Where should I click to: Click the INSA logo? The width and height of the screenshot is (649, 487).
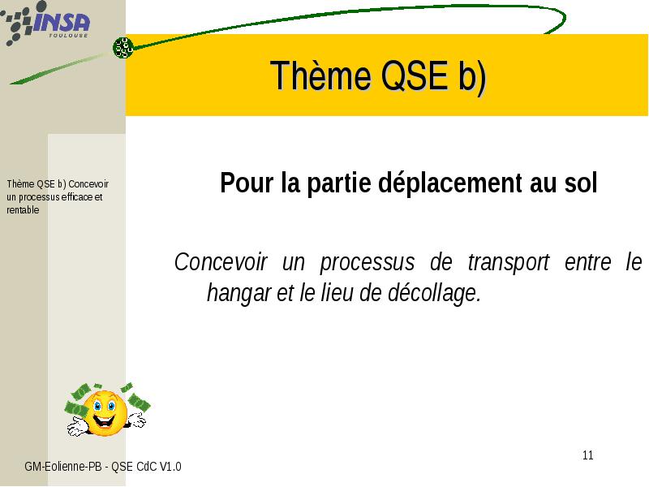(45, 23)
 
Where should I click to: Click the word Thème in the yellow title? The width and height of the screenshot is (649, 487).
(320, 75)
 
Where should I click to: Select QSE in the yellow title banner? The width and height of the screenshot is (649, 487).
(415, 75)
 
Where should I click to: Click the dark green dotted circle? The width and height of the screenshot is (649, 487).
(123, 48)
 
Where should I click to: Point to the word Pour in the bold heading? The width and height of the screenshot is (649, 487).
(247, 182)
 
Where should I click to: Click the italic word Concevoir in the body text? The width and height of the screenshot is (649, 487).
(221, 261)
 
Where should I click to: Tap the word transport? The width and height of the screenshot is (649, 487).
(509, 263)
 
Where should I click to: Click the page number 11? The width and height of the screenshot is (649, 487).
(587, 455)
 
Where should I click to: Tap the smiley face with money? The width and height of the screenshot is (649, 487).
(107, 410)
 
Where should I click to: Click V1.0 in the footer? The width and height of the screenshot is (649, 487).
(170, 467)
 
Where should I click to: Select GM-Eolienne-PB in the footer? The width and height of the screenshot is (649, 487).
(63, 467)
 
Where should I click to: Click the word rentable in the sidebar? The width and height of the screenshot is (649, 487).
(23, 210)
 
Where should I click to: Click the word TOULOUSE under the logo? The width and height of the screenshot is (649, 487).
(68, 36)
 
